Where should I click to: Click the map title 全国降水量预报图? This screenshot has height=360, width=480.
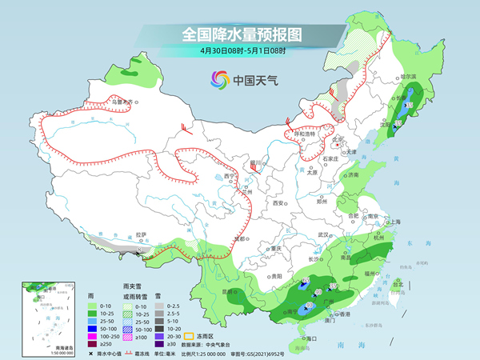239,34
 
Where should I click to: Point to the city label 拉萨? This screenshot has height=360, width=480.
142,234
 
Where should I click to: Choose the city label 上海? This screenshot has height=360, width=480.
394,222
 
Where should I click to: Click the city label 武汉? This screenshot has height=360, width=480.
323,234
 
